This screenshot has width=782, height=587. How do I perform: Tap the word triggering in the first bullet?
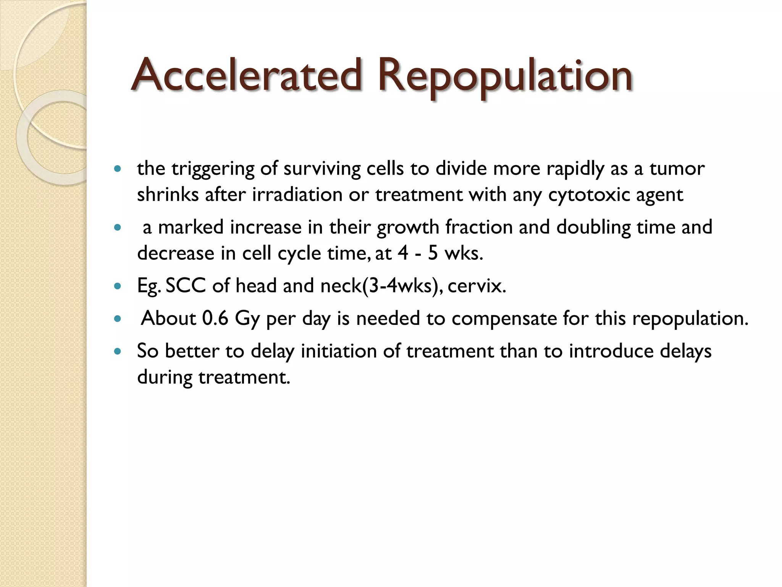(213, 169)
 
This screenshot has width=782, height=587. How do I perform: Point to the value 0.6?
(215, 318)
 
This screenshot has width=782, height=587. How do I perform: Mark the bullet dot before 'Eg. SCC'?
(118, 286)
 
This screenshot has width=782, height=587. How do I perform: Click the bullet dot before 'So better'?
(118, 351)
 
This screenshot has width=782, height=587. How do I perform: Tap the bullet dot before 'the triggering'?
(118, 169)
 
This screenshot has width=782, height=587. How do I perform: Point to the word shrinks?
(168, 195)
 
